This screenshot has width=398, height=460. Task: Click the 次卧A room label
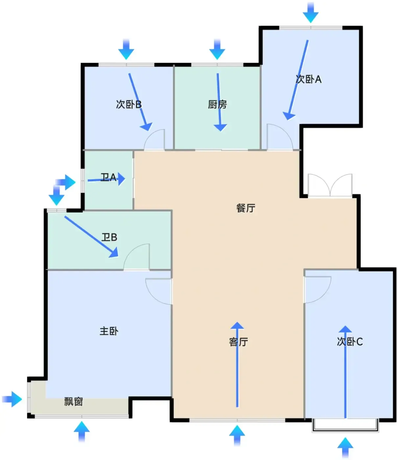[x=309, y=80]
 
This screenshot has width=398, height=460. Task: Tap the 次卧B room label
[x=129, y=104]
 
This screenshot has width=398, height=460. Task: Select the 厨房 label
[x=217, y=104]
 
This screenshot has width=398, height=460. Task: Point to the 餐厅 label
[x=246, y=208]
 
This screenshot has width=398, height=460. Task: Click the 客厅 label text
[x=238, y=342]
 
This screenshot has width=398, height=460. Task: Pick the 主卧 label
[x=109, y=331]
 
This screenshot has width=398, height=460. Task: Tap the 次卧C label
[x=350, y=342]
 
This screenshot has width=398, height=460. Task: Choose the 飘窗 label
[x=74, y=402]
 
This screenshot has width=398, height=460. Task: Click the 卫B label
[x=109, y=237]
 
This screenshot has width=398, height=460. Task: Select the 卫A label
[x=108, y=177]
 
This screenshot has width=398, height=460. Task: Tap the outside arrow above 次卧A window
[x=311, y=13]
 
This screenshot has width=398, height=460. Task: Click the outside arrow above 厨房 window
[x=217, y=49]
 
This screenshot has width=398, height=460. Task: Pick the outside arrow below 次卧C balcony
[x=345, y=448]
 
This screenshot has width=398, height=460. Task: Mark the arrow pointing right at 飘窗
[x=12, y=399]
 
